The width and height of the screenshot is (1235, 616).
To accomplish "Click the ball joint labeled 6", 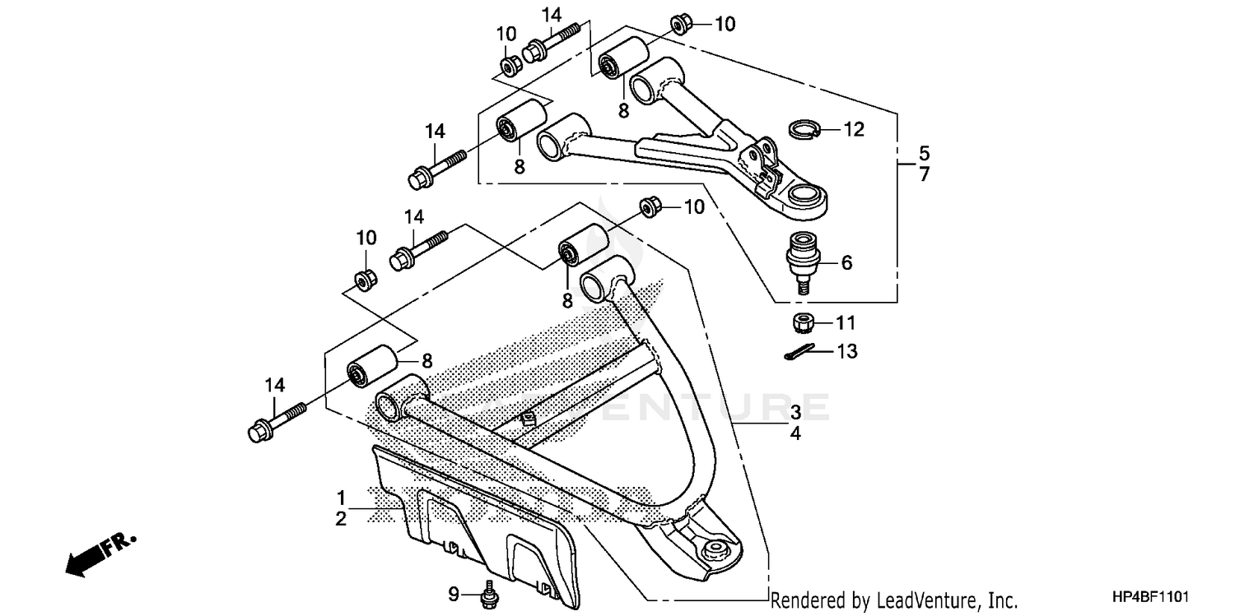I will (x=799, y=258).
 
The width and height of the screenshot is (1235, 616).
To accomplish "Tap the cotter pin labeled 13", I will (x=798, y=351).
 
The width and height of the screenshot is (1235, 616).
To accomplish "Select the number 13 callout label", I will (x=846, y=352).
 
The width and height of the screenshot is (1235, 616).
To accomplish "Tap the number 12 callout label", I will (x=854, y=129).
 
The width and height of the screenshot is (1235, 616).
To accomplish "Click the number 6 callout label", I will (x=846, y=262).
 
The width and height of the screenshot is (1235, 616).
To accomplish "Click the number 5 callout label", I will (x=924, y=153).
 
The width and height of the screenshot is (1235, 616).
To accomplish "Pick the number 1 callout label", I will (x=340, y=498).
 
